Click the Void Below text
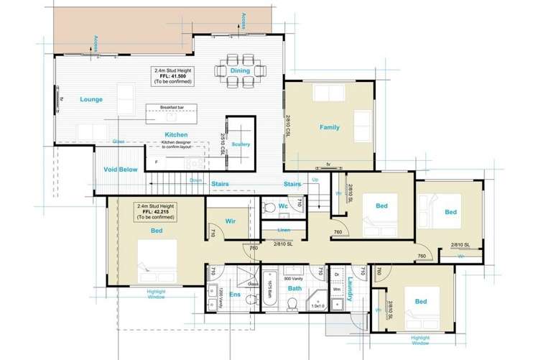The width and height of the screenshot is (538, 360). pos(120,170)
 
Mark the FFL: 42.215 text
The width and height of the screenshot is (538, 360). pos(155,213)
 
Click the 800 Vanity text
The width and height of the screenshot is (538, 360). pos(294,277)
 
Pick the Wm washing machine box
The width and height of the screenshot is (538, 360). pos(337,290)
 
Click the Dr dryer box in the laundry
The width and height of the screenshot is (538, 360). pos(337,274)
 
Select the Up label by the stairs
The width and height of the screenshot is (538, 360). pos(315,179)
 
